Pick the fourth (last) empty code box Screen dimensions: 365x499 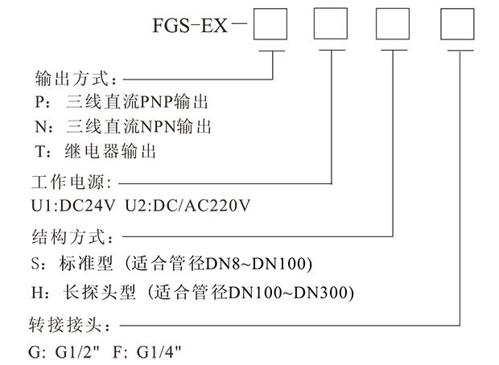point(460,27)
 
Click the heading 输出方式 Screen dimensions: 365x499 point(76,80)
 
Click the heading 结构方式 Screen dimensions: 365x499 point(76,238)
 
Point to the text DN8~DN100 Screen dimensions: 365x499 point(266,264)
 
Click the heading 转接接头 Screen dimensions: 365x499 point(76,326)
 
